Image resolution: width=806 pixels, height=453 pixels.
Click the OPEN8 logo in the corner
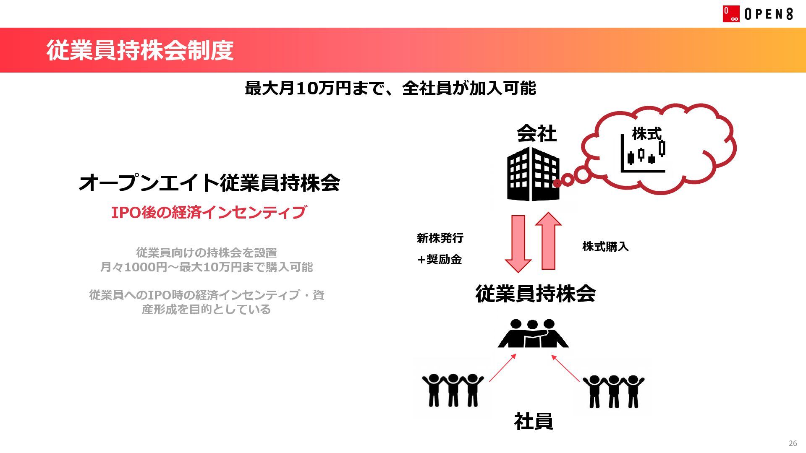757,14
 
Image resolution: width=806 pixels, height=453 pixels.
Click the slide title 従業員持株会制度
140,50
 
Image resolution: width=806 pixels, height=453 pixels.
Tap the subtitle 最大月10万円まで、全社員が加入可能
390,88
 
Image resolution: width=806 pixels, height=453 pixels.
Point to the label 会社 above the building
536,134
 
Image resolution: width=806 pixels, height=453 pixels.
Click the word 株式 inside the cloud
646,134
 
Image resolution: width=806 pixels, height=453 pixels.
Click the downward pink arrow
518,244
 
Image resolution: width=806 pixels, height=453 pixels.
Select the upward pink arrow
548,241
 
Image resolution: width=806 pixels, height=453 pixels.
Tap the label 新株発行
440,238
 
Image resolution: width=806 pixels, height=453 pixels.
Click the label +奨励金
440,260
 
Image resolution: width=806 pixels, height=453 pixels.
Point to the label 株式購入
605,247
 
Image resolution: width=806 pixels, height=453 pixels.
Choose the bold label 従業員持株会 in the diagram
535,294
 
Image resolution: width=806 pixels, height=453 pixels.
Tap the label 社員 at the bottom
533,421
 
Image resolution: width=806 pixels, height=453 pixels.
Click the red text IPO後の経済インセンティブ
209,212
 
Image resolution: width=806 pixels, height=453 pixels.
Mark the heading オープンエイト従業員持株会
209,183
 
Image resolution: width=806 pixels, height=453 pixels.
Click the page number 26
793,443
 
